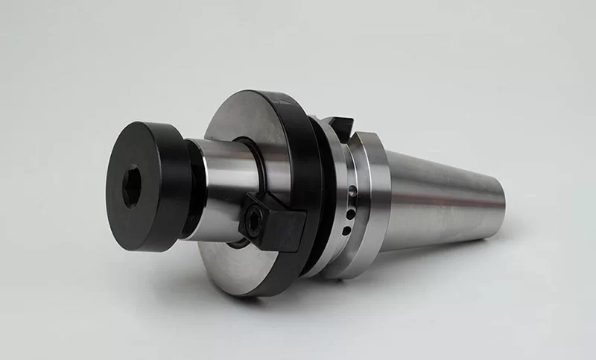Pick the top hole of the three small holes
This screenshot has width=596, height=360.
[352, 192]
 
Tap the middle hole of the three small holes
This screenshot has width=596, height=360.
[349, 214]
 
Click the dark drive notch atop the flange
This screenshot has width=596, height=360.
[337, 127]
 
